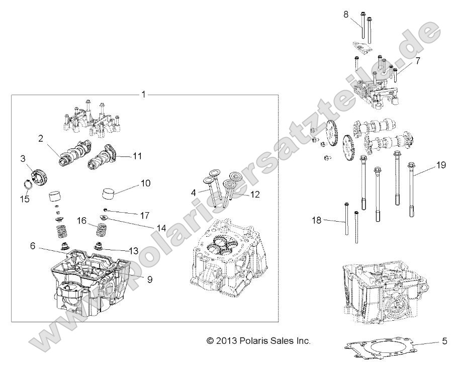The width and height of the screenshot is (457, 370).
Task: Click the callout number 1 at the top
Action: pyautogui.click(x=143, y=94)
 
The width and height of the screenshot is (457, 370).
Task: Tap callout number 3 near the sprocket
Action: pyautogui.click(x=23, y=159)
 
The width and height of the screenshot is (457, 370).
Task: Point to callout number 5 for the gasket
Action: pyautogui.click(x=444, y=341)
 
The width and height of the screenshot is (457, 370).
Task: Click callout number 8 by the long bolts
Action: pyautogui.click(x=345, y=14)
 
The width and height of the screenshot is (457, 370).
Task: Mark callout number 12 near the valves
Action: pyautogui.click(x=255, y=194)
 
